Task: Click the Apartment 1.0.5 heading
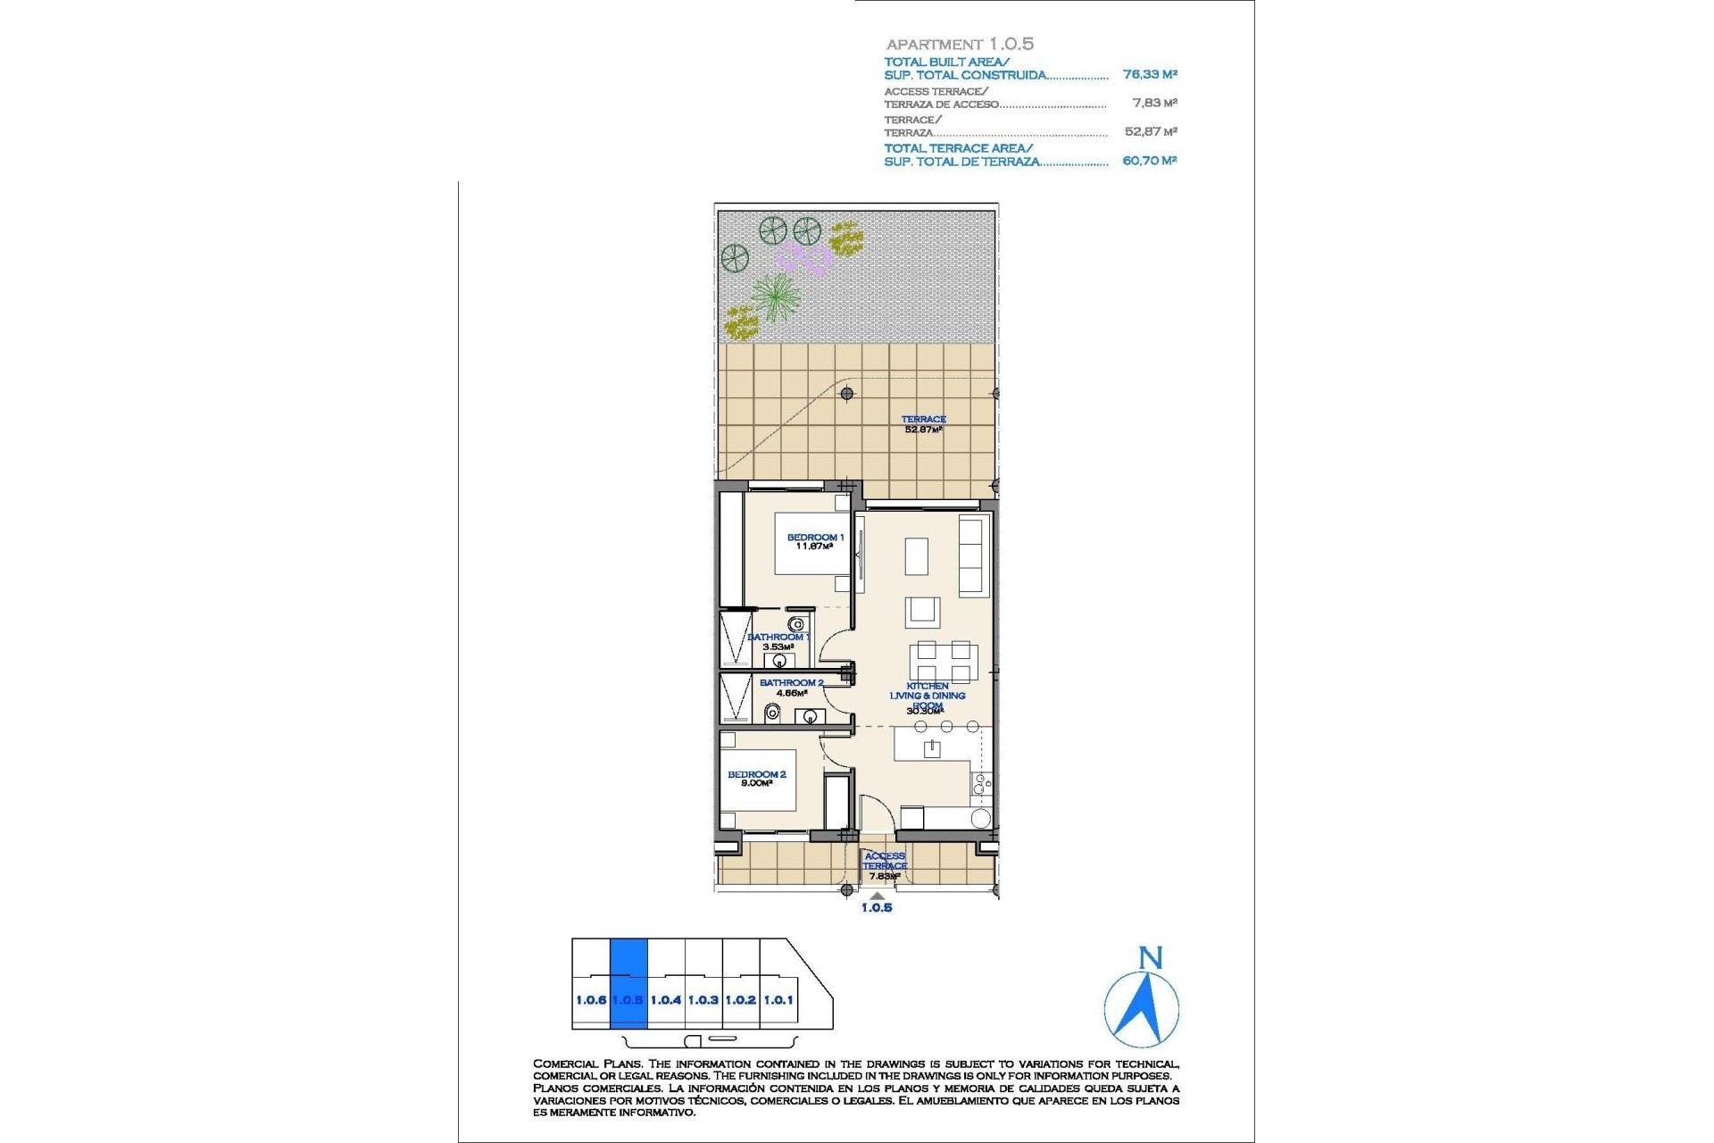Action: click(960, 44)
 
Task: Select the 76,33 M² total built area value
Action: click(1150, 75)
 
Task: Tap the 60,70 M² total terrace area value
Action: click(1150, 161)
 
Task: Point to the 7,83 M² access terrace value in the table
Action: click(1154, 104)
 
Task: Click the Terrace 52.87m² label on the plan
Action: click(923, 424)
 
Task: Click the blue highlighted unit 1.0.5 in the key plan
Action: click(628, 984)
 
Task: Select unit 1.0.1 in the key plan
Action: click(778, 999)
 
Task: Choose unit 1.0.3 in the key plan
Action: click(703, 999)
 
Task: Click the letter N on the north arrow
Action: click(1151, 958)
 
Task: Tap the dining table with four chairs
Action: click(944, 663)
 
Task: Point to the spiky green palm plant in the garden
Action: click(774, 296)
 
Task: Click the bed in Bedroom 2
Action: click(759, 780)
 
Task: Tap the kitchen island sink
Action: click(932, 748)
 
